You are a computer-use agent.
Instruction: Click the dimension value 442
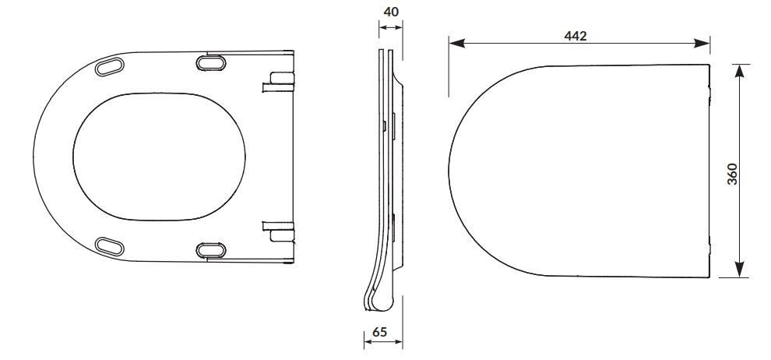[x=576, y=35]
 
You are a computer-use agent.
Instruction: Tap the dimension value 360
[x=732, y=174]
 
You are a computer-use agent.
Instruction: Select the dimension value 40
[x=391, y=12]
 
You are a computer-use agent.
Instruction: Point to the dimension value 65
[x=379, y=332]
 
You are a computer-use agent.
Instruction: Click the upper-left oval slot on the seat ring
[x=109, y=66]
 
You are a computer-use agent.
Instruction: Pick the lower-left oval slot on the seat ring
[x=109, y=246]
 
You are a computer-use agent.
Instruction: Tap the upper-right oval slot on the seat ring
[x=211, y=63]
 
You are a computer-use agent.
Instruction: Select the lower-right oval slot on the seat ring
[x=211, y=250]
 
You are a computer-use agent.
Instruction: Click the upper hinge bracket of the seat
[x=279, y=82]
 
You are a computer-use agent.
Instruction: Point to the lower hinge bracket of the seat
[x=279, y=231]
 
